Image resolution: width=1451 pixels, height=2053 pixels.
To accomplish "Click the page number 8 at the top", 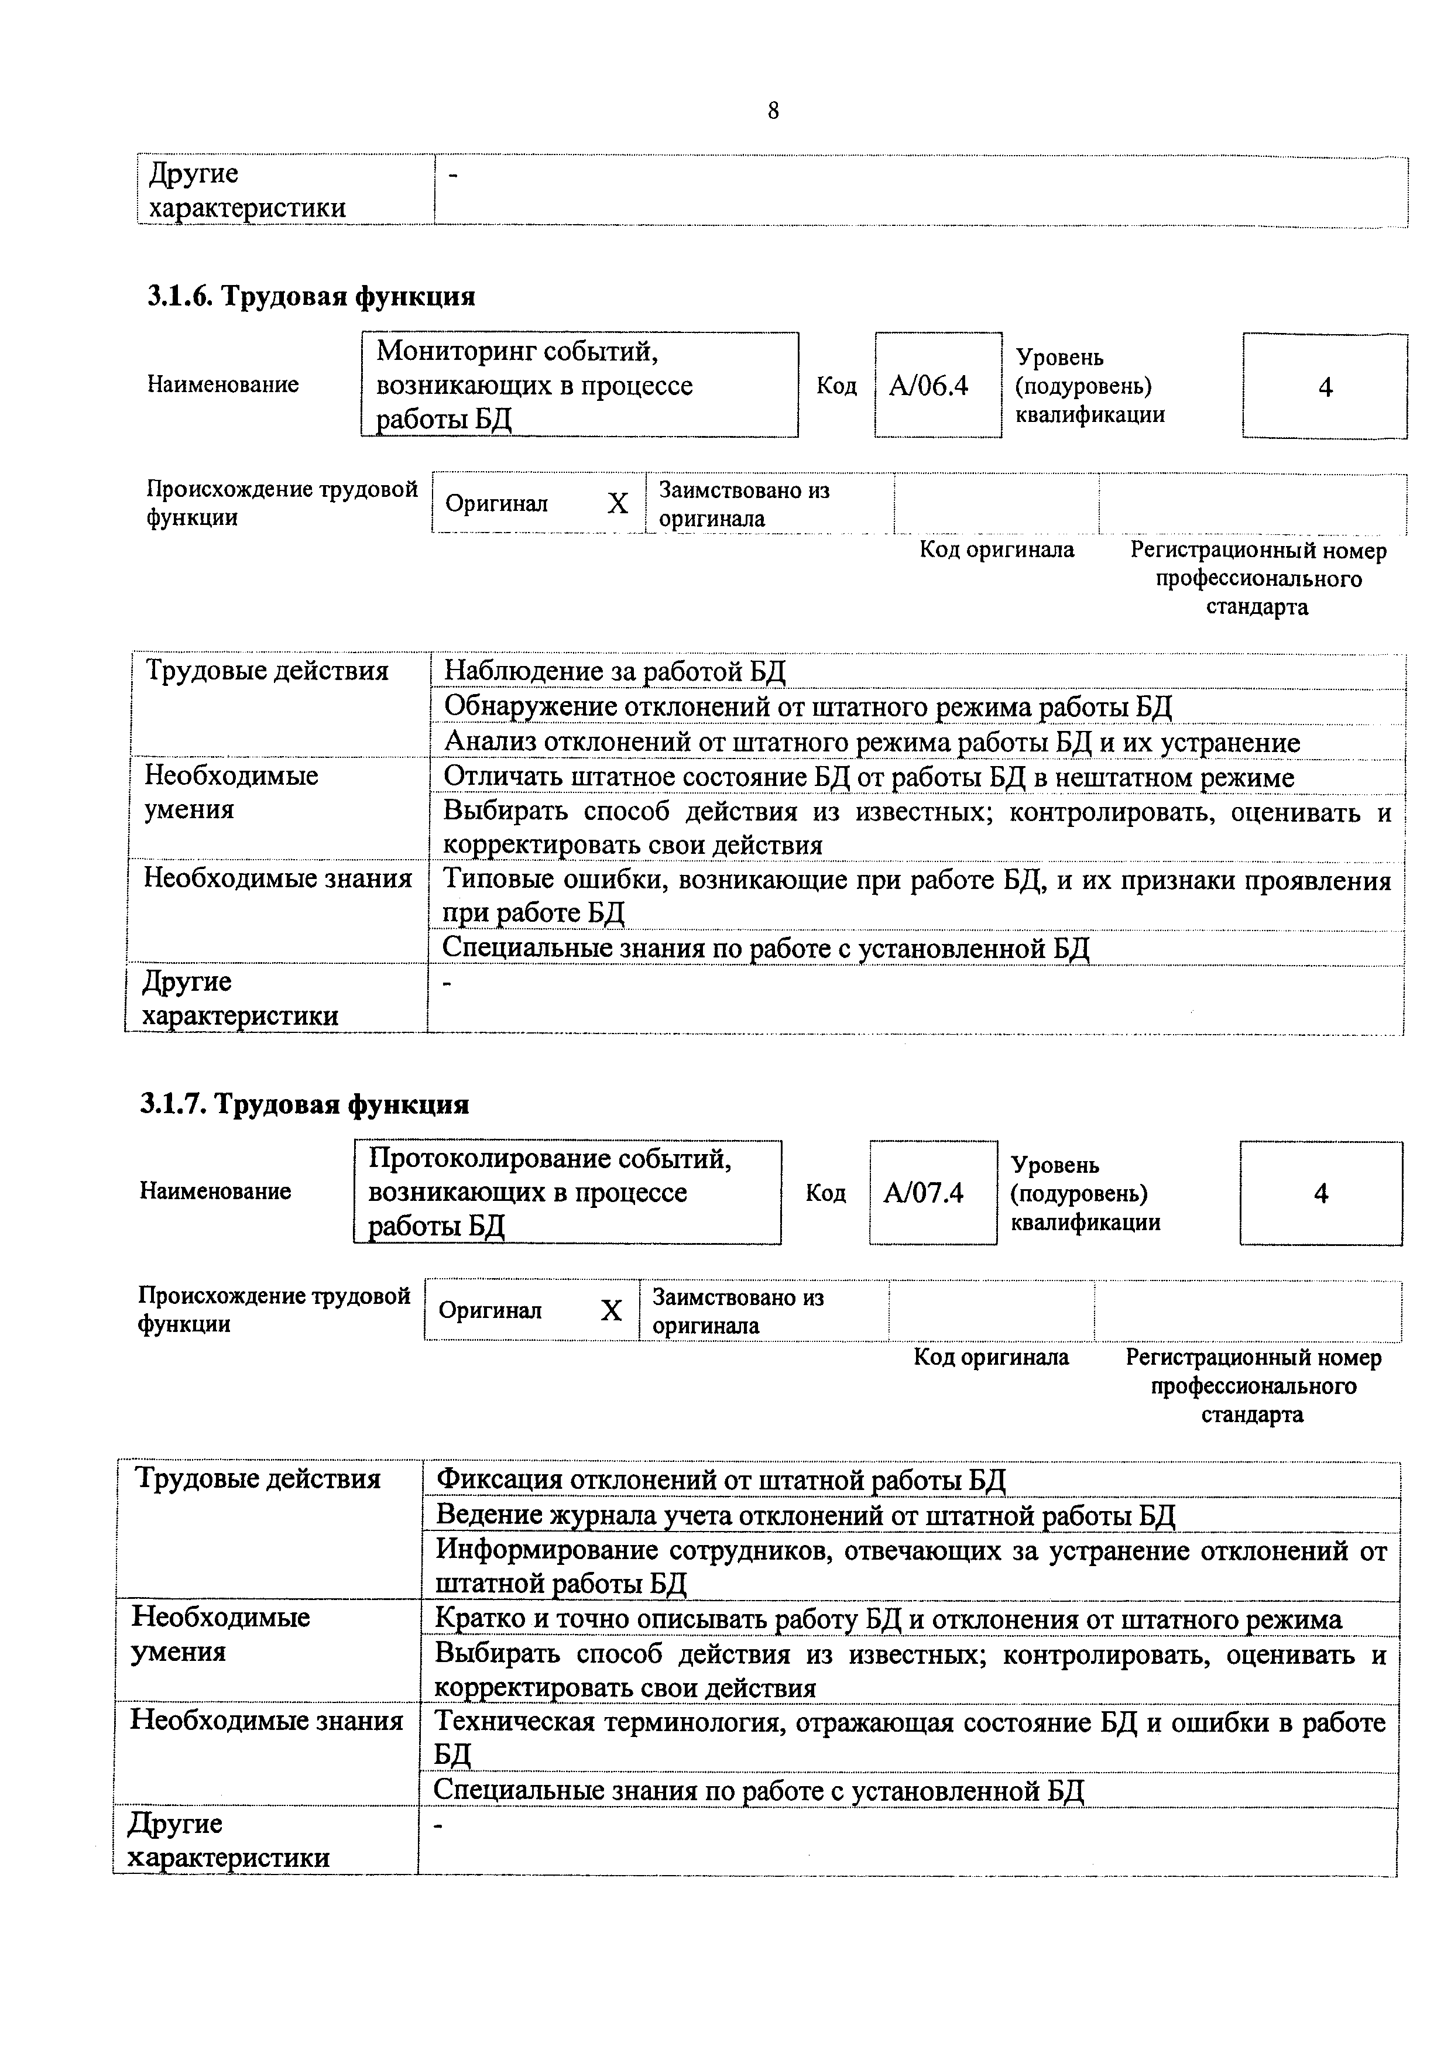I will pyautogui.click(x=773, y=111).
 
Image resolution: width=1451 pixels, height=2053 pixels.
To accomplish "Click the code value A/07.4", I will pyautogui.click(x=924, y=1193).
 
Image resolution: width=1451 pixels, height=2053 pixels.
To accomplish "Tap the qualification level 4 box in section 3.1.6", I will pyautogui.click(x=1325, y=387).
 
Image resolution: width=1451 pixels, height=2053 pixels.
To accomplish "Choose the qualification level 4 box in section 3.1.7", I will pyautogui.click(x=1320, y=1194).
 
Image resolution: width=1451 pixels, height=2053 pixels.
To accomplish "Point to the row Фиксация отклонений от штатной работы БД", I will pyautogui.click(x=720, y=1480).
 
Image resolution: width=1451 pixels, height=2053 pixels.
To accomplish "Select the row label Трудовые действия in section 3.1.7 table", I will pyautogui.click(x=258, y=1478).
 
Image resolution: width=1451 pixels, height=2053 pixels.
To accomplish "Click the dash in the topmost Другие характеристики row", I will pyautogui.click(x=451, y=176).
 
